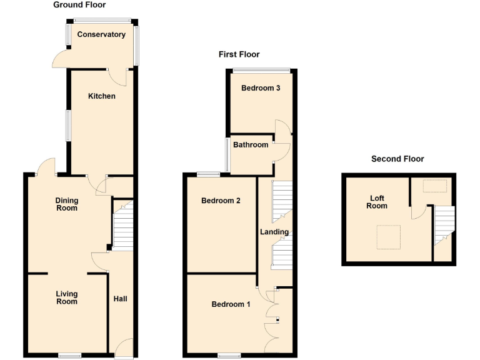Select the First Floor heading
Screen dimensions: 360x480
[239, 55]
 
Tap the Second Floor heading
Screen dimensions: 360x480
[397, 159]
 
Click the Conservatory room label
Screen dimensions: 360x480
[101, 35]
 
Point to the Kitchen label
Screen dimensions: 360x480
[101, 96]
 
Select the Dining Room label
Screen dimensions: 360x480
[67, 204]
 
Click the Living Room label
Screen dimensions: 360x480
[67, 297]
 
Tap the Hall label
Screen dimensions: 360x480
[120, 299]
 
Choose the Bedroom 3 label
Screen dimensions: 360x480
[261, 88]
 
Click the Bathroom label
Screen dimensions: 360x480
[251, 145]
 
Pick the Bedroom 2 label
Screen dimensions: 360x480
[221, 201]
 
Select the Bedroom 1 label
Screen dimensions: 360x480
[231, 304]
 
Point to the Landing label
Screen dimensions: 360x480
[274, 232]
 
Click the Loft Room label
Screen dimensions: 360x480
[377, 202]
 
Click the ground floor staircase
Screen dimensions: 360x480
[123, 225]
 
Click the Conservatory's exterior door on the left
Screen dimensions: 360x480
[61, 60]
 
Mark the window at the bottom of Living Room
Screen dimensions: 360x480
[69, 356]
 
